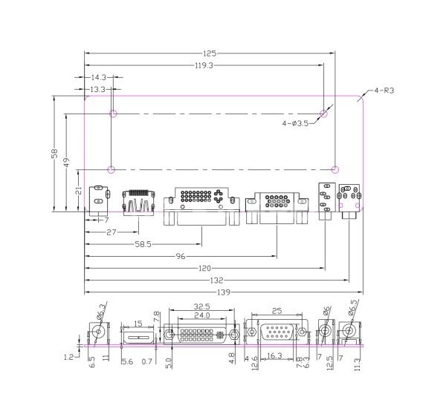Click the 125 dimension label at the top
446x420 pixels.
pyautogui.click(x=210, y=53)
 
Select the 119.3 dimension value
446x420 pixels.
pyautogui.click(x=204, y=65)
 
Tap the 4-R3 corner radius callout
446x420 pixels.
pyautogui.click(x=384, y=91)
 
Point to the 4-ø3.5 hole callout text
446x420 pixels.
pyautogui.click(x=295, y=123)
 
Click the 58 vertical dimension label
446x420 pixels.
pyautogui.click(x=54, y=154)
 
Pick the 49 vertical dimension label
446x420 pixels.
pyautogui.click(x=67, y=163)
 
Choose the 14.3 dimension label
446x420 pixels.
pyautogui.click(x=99, y=77)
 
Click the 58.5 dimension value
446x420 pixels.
pyautogui.click(x=143, y=244)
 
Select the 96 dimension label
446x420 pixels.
pyautogui.click(x=181, y=257)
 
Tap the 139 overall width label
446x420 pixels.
pyautogui.click(x=224, y=292)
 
